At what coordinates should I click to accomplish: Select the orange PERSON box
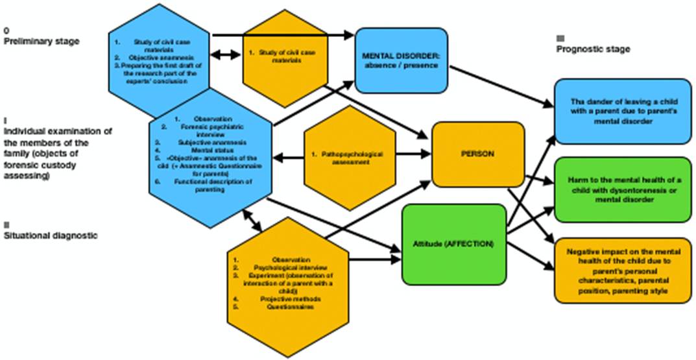point(478,155)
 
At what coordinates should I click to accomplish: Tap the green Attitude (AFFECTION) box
point(453,244)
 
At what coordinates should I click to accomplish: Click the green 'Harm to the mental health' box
point(621,190)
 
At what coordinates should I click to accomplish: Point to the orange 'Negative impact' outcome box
point(621,270)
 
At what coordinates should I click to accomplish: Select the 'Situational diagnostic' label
point(51,235)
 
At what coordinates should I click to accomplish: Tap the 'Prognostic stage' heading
point(593,49)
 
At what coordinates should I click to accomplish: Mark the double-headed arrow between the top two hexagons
point(226,56)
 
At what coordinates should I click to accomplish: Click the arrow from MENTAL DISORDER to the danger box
point(499,84)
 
